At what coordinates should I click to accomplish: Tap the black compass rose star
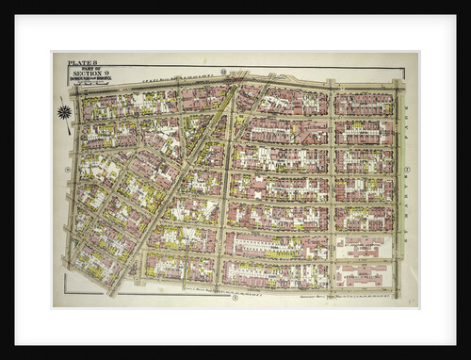pos(64,112)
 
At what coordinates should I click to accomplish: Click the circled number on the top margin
pos(224,71)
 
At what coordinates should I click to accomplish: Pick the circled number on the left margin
pos(67,171)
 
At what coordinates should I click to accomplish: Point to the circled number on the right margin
pos(407,171)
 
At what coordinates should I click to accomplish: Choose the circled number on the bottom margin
pos(235,298)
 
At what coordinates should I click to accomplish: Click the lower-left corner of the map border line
pos(65,293)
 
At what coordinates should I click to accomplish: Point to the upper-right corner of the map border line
pos(405,68)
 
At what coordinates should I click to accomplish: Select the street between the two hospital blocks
pos(362,260)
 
